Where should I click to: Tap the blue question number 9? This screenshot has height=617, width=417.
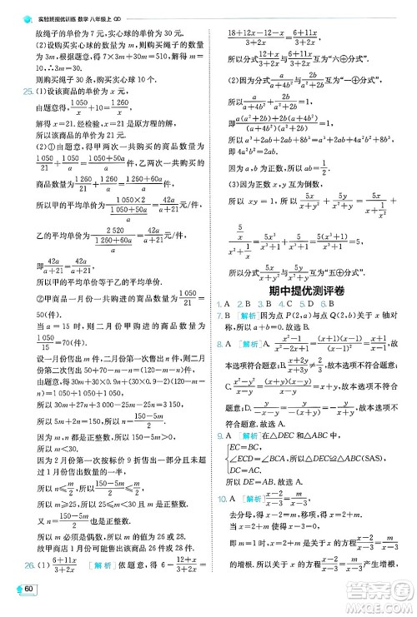[x=219, y=434]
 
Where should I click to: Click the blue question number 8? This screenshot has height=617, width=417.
[x=219, y=344]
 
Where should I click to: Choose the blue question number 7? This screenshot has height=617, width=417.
[x=219, y=316]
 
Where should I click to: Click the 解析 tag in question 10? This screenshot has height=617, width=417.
[x=255, y=499]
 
